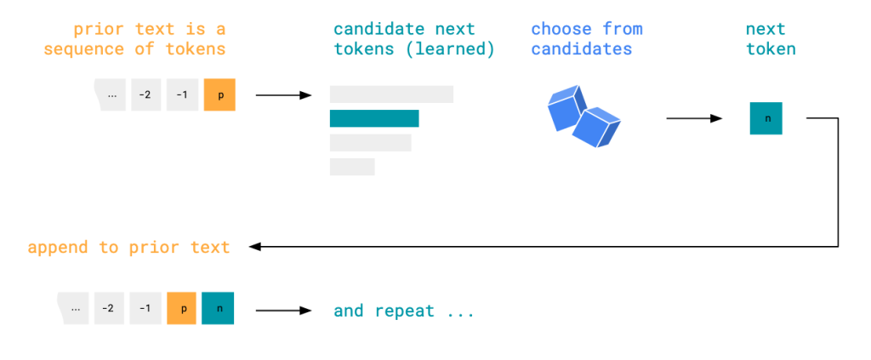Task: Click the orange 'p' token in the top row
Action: (219, 95)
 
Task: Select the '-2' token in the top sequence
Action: (145, 95)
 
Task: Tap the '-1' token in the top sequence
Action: (182, 95)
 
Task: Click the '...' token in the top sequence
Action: (111, 95)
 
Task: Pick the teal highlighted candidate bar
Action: (374, 118)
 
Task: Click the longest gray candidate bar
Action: (391, 94)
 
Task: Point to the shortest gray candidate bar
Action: (352, 167)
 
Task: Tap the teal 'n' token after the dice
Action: (766, 118)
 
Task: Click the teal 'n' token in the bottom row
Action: (218, 308)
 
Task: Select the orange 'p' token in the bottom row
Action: (182, 308)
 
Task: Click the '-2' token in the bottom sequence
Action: (109, 308)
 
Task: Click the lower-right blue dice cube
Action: (598, 127)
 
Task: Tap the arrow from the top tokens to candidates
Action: (284, 95)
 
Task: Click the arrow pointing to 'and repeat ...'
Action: (284, 311)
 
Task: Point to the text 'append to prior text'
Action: (128, 248)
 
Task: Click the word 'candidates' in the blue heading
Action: (582, 49)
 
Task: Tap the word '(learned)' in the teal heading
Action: (450, 49)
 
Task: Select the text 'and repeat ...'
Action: (403, 311)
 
